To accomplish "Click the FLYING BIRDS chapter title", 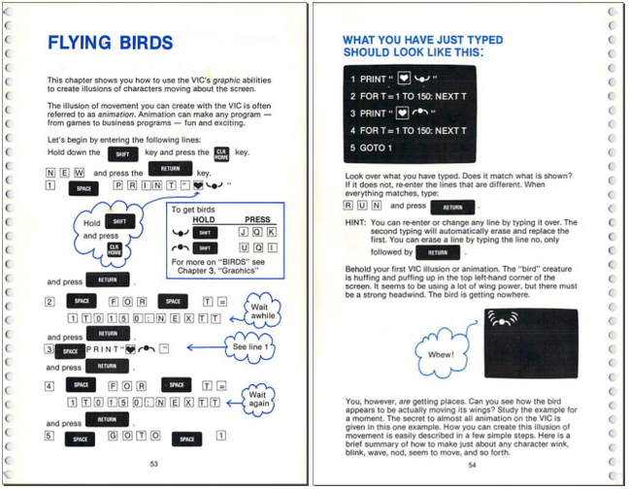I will click(x=110, y=44).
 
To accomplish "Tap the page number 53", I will click(x=154, y=464).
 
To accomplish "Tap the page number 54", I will click(x=472, y=464).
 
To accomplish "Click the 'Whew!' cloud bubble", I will click(x=440, y=354).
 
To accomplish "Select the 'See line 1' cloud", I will click(x=254, y=346).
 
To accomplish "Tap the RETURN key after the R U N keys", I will click(x=452, y=207).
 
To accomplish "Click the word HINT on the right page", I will click(x=355, y=223).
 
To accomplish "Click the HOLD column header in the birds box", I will click(x=204, y=220).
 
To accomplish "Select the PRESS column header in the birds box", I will click(x=257, y=220).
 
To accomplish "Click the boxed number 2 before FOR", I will click(x=50, y=302).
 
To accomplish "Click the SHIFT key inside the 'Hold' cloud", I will click(x=118, y=221).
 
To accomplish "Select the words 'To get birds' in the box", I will click(x=192, y=209).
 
